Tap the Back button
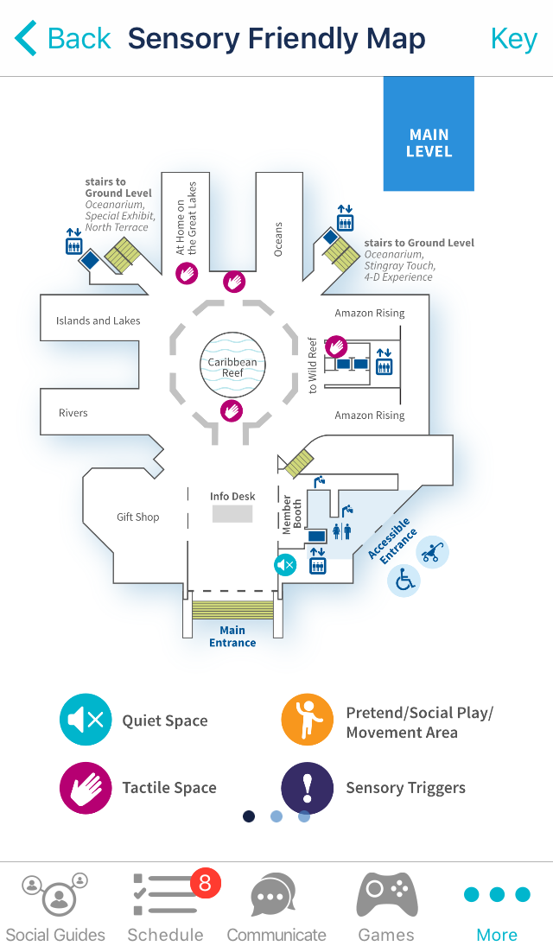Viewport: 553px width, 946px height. click(x=62, y=39)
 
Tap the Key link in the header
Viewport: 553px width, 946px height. click(x=513, y=39)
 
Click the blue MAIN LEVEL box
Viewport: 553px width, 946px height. click(x=429, y=134)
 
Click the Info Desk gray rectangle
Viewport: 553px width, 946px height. click(x=232, y=514)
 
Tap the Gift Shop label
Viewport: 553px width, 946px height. click(x=138, y=517)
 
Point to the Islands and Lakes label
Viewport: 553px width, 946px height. click(x=98, y=321)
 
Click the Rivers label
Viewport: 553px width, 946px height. click(x=73, y=413)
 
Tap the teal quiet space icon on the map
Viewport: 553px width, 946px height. click(x=285, y=566)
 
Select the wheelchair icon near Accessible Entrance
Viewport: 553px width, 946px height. click(x=404, y=581)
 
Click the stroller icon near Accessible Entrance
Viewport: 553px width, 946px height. click(x=432, y=551)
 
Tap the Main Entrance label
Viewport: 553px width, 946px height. click(x=232, y=637)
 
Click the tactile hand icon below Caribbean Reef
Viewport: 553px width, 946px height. click(x=232, y=411)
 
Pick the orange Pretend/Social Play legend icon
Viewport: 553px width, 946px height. click(x=308, y=720)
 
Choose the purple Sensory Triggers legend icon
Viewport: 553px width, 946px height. click(x=308, y=787)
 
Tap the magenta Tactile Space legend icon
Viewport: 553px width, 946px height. click(x=86, y=787)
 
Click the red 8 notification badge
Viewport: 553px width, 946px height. click(x=206, y=882)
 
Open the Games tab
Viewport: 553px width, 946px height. click(x=386, y=907)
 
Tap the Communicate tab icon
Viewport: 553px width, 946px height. click(x=275, y=897)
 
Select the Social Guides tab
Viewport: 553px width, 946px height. click(x=55, y=907)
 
